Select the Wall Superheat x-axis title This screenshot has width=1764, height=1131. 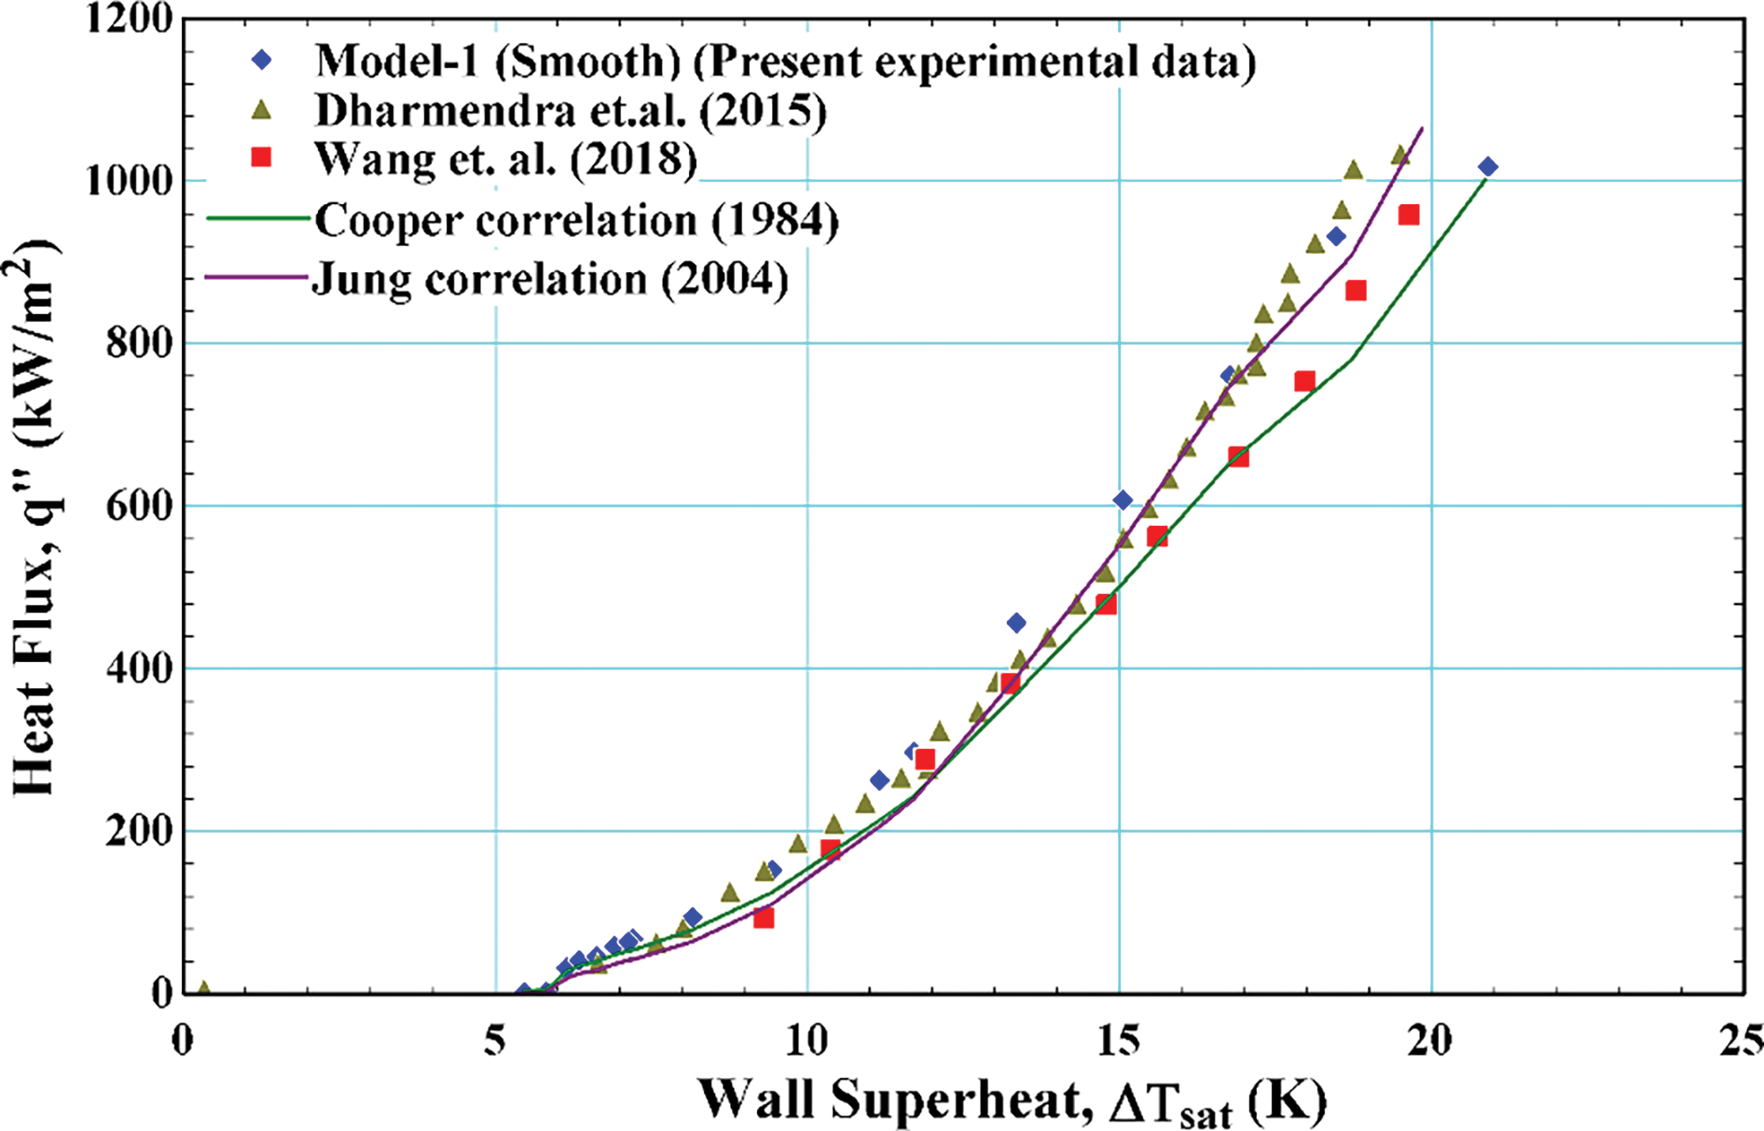tap(1012, 1100)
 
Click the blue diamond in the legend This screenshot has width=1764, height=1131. tap(263, 61)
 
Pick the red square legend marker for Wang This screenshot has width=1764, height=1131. tap(262, 158)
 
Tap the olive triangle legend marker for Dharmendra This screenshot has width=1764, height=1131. tap(263, 111)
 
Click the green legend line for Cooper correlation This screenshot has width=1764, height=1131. tap(256, 219)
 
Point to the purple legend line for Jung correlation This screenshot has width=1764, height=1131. tap(256, 277)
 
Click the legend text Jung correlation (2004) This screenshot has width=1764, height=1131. tap(550, 279)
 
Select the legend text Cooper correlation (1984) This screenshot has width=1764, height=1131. tap(576, 221)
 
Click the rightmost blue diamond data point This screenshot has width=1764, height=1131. tap(1488, 167)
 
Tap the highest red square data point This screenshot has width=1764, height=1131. tap(1409, 215)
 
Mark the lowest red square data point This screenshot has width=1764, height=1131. tap(764, 918)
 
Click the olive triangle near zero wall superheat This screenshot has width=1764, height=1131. tap(203, 988)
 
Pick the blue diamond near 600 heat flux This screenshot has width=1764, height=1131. tap(1123, 501)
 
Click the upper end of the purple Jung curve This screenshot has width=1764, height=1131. tap(1421, 129)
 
